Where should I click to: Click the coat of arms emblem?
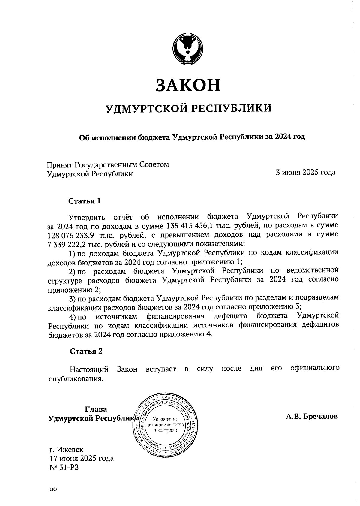click(188, 50)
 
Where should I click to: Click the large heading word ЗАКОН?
click(188, 85)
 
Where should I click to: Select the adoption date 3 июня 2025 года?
click(305, 172)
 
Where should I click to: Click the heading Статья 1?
click(85, 201)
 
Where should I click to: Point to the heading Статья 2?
click(86, 351)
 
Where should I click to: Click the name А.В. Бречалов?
click(312, 416)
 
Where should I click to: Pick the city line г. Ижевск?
click(66, 449)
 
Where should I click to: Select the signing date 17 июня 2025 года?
click(81, 458)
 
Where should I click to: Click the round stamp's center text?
click(165, 425)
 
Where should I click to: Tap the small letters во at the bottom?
click(53, 489)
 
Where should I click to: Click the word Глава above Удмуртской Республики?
click(96, 409)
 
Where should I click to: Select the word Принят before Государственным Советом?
click(59, 164)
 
